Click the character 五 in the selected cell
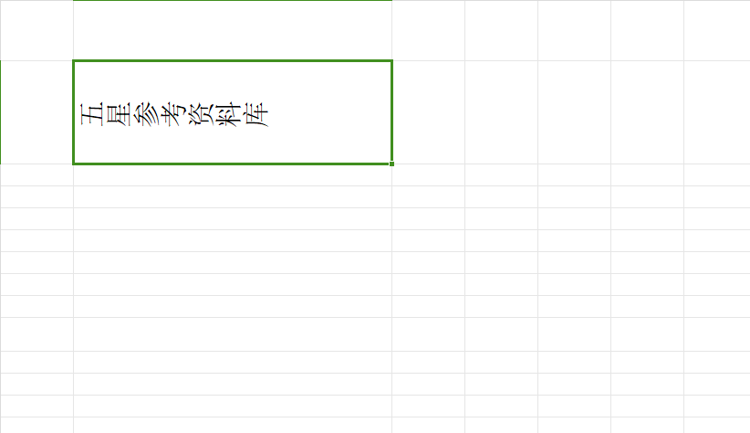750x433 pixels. (x=91, y=114)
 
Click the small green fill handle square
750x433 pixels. (x=391, y=164)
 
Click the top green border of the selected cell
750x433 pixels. (x=233, y=61)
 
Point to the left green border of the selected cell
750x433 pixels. (x=73, y=112)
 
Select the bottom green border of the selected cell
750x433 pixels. (x=233, y=164)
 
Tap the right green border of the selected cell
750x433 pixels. (x=392, y=112)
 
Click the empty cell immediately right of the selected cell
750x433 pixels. (x=429, y=112)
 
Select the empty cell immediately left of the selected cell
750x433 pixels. (x=36, y=112)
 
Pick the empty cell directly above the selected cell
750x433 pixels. (x=233, y=30)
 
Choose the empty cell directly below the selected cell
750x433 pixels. (x=233, y=174)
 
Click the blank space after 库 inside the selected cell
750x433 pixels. (x=330, y=114)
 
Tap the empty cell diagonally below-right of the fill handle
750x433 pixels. (x=429, y=174)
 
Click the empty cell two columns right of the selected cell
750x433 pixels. (x=501, y=112)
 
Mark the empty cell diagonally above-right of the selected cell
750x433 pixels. (x=429, y=30)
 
